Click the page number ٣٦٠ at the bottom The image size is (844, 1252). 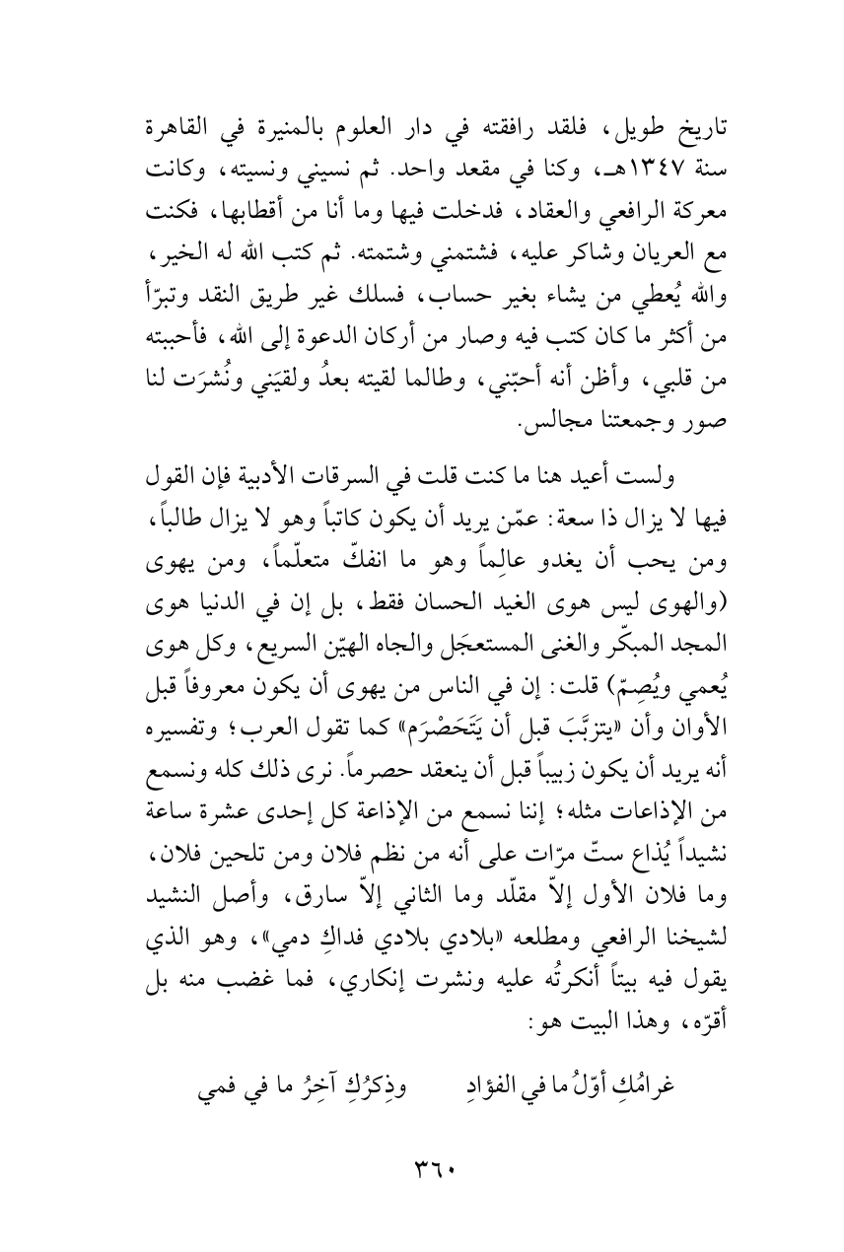click(422, 1168)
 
